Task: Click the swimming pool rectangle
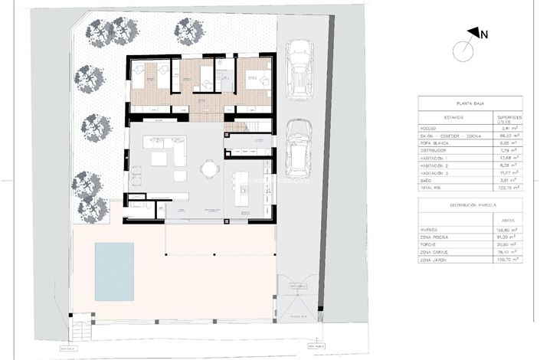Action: [114, 272]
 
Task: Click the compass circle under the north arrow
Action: [463, 51]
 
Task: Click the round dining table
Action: [208, 168]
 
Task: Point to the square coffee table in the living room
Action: [159, 159]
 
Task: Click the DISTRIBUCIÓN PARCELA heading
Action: [468, 205]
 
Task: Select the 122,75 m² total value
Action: [505, 187]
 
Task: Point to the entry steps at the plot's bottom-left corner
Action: [80, 331]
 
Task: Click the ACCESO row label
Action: [431, 128]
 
